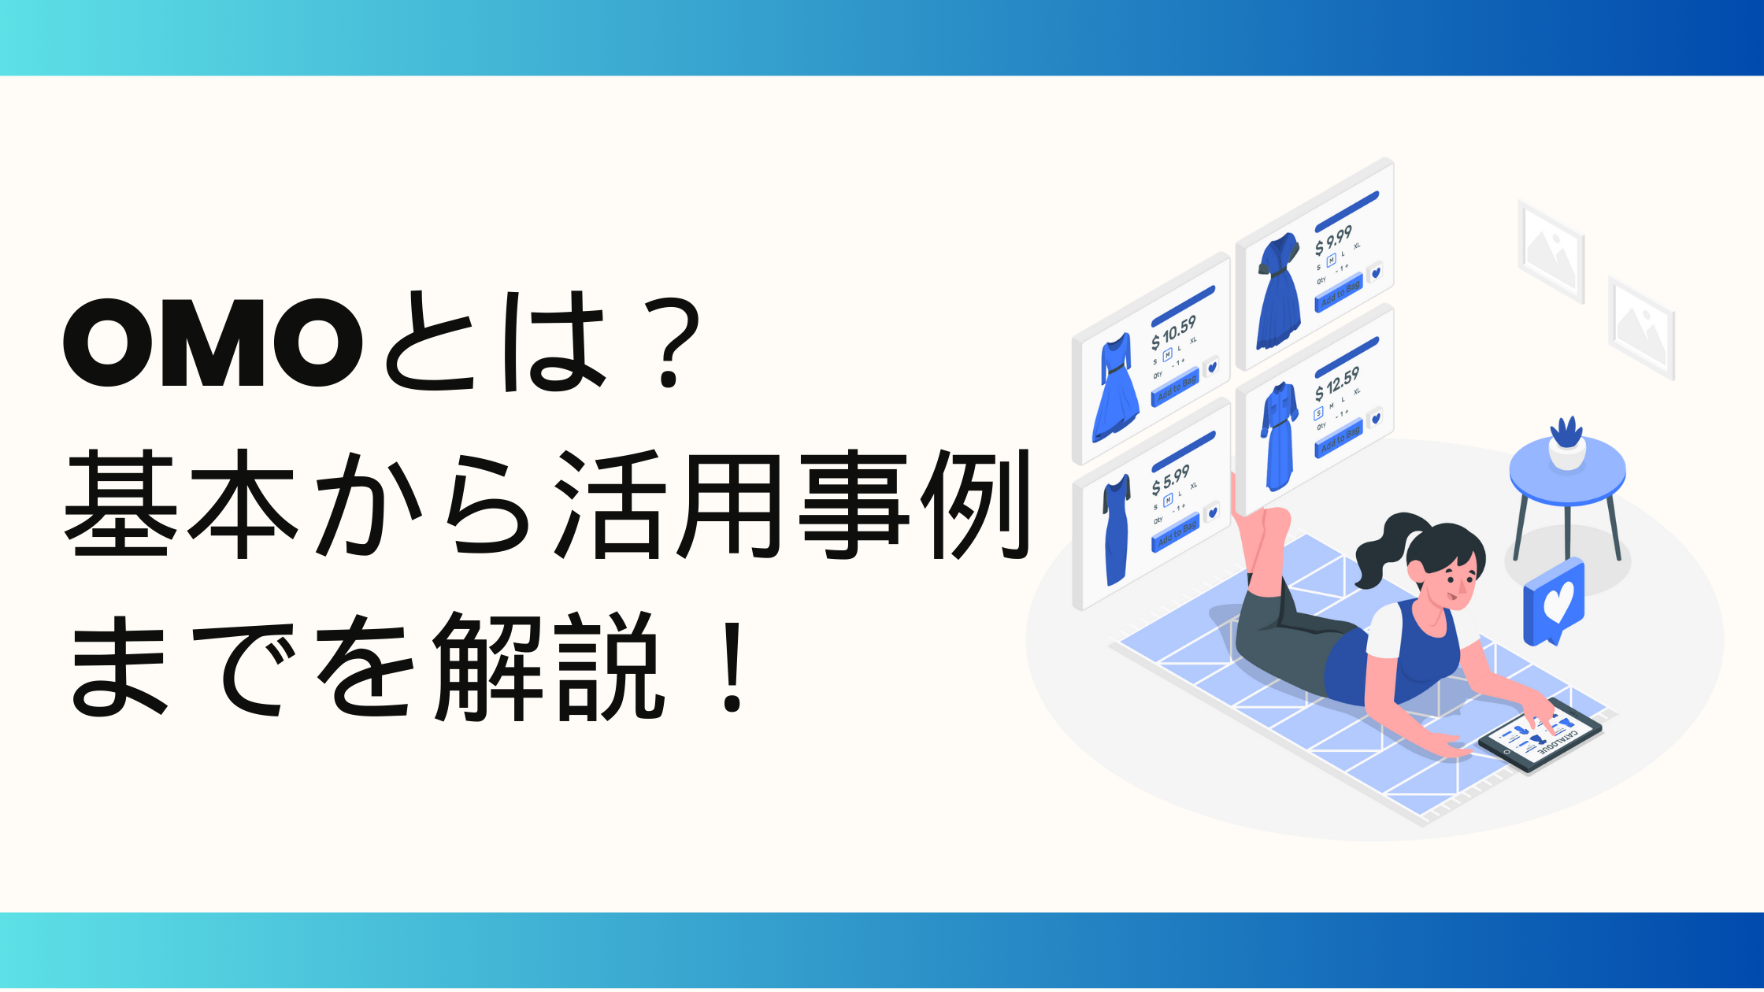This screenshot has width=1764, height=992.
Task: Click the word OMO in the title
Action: (x=213, y=343)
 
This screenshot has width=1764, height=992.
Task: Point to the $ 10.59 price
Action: (x=1173, y=332)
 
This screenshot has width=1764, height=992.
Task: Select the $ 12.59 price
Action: (x=1336, y=383)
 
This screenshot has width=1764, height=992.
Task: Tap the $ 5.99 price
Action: (x=1170, y=479)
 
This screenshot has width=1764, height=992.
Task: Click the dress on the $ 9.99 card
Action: (x=1278, y=291)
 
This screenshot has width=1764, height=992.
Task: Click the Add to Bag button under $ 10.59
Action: (x=1176, y=387)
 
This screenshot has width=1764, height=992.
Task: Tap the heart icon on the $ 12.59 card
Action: (x=1375, y=418)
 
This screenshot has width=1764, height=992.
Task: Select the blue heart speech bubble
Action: (x=1555, y=602)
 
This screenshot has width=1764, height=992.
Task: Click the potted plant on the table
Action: (x=1566, y=444)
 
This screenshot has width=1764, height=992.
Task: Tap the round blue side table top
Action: (x=1567, y=472)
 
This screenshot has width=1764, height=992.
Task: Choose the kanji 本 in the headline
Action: (x=243, y=504)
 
